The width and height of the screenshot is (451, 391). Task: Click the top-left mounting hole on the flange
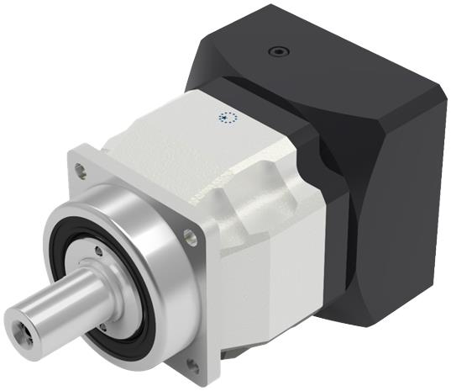[81, 169]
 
